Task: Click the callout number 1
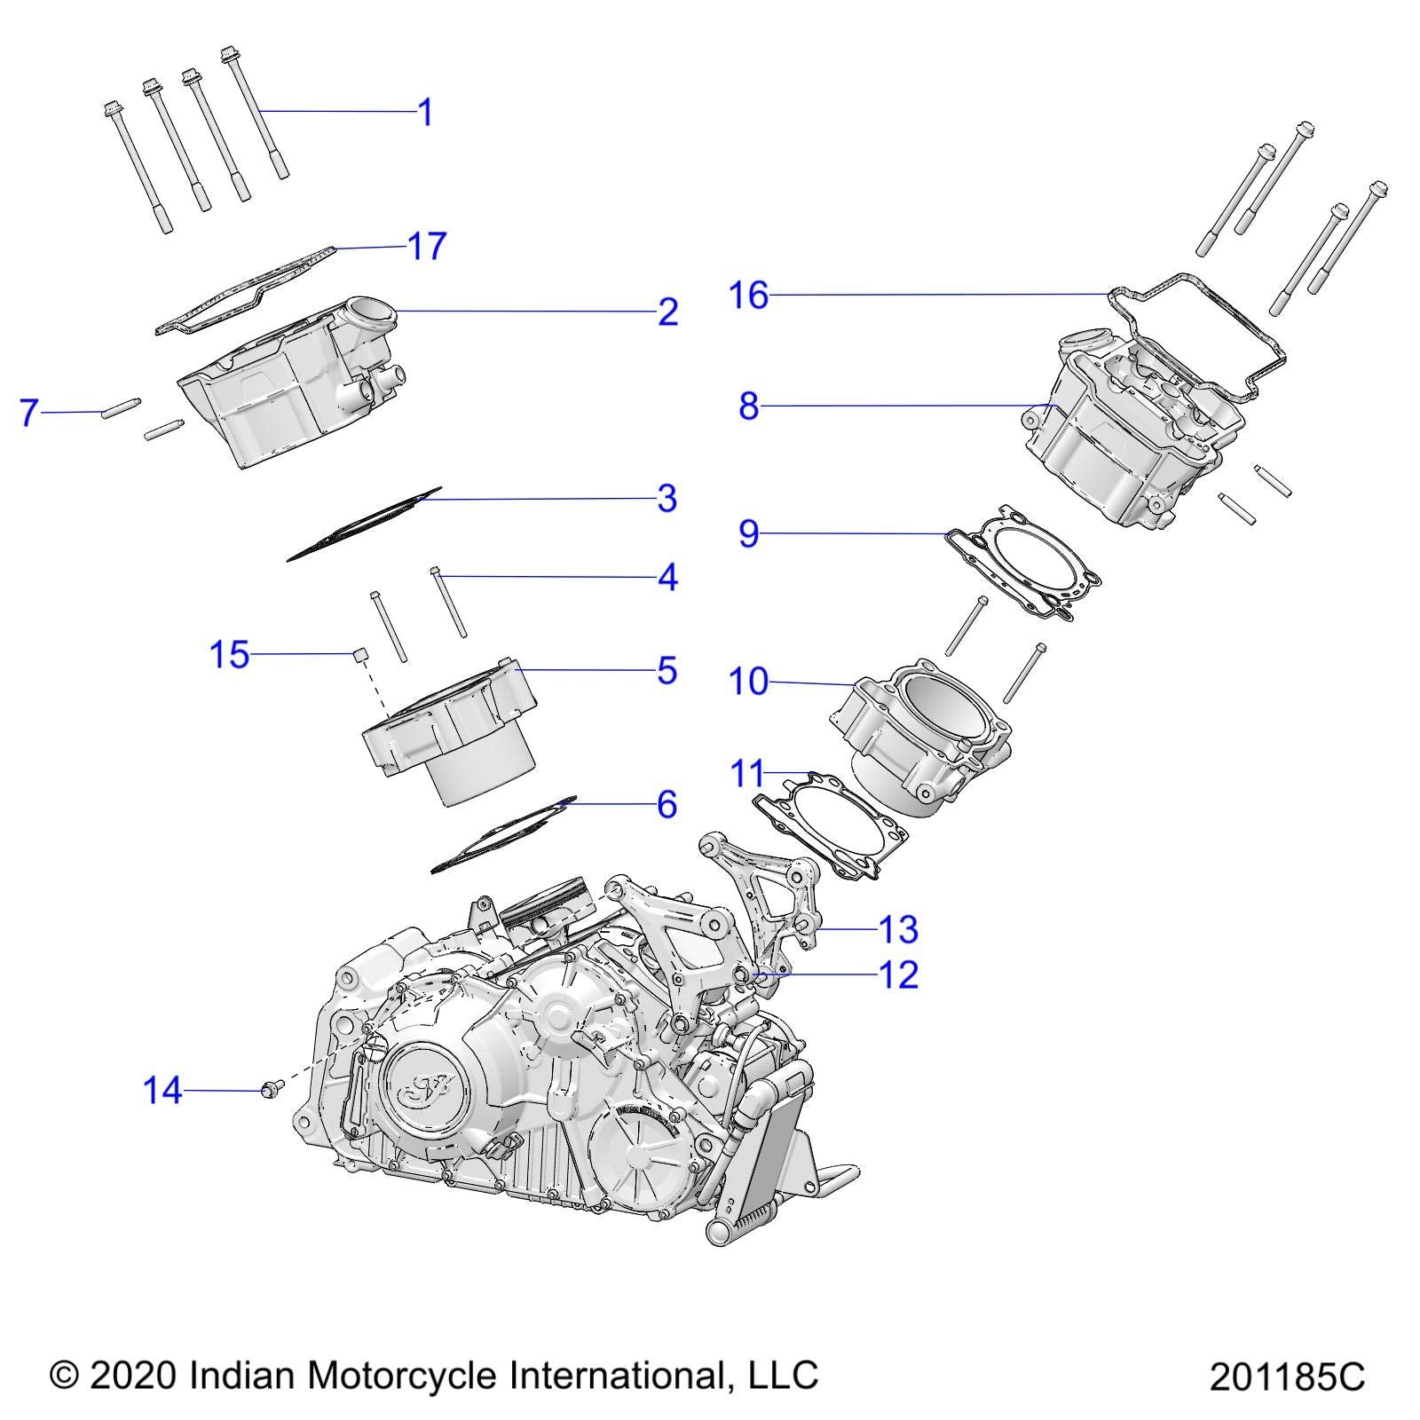coord(425,113)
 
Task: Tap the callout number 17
coord(426,246)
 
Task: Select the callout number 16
coord(748,295)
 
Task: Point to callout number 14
coord(162,1090)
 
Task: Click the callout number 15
coord(229,655)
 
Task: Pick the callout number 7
coord(29,413)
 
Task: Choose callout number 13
coord(897,929)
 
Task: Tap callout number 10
coord(747,682)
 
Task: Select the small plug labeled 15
coord(360,655)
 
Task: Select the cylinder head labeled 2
coord(284,390)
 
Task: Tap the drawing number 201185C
coord(1287,1377)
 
